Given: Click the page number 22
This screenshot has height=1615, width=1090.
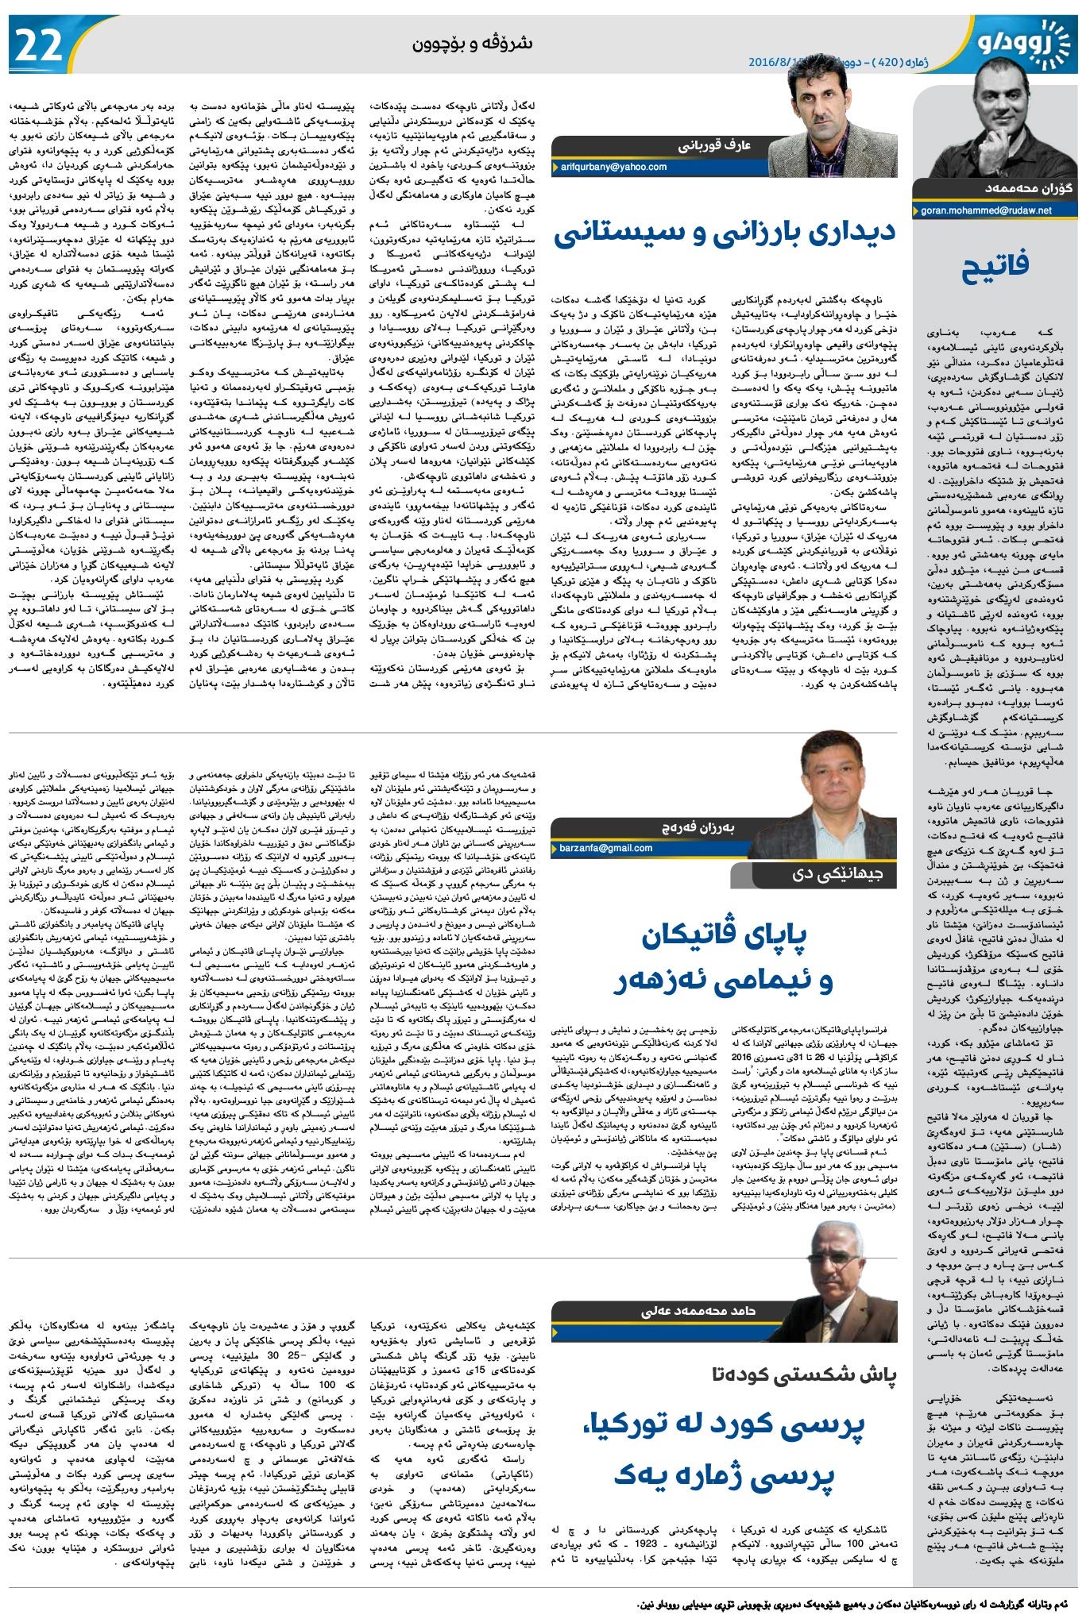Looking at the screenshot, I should coord(38,45).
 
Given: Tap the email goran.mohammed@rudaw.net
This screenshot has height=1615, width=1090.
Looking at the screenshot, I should coord(986,210).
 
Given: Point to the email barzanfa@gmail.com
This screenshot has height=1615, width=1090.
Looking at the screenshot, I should coord(606,848).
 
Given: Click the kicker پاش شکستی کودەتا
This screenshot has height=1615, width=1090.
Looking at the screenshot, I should coord(803,1375).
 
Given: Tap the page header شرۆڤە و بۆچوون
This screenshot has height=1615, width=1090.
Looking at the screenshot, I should coord(472,44).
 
